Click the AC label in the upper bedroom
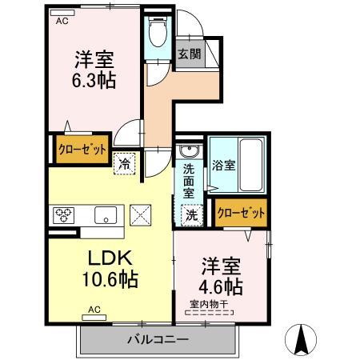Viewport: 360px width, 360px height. pyautogui.click(x=62, y=22)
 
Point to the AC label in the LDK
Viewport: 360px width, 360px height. pyautogui.click(x=94, y=309)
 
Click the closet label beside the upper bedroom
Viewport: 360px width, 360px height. pyautogui.click(x=80, y=149)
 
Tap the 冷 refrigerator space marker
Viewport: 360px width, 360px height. pyautogui.click(x=126, y=162)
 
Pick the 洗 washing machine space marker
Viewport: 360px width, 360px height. pyautogui.click(x=192, y=214)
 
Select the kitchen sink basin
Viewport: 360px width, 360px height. pyautogui.click(x=105, y=214)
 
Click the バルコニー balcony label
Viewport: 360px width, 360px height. pyautogui.click(x=157, y=339)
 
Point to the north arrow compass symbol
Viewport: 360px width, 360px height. pyautogui.click(x=303, y=339)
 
